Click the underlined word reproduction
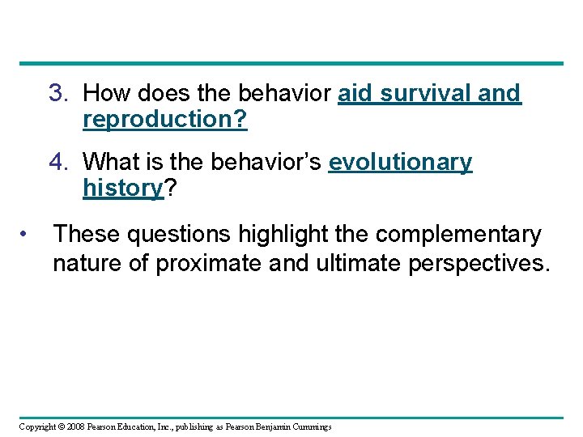pyautogui.click(x=160, y=121)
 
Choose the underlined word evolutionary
pyautogui.click(x=400, y=163)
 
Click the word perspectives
pyautogui.click(x=481, y=264)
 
